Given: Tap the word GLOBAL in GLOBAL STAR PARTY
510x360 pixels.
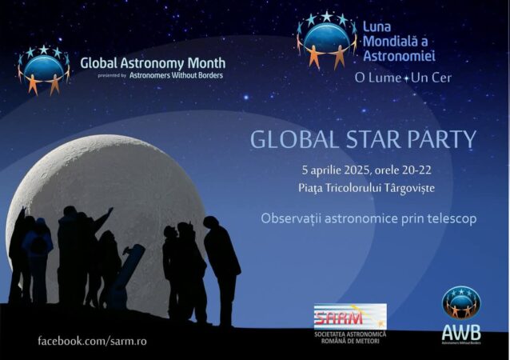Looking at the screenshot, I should point(285,139).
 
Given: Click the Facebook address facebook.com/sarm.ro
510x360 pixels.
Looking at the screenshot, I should point(92,341).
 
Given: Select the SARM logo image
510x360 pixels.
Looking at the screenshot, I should point(349,315).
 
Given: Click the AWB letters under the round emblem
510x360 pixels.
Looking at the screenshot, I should point(461,330).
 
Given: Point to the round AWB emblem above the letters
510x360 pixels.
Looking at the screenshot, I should point(461,302).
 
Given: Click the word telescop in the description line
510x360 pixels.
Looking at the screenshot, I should point(448,218).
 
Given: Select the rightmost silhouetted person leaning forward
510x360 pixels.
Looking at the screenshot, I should point(221,264).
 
